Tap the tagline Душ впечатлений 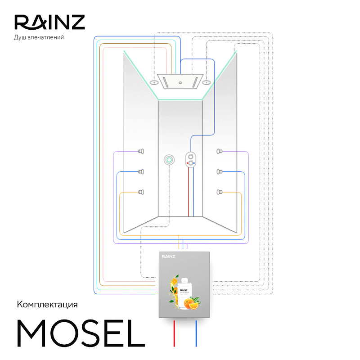pos(40,37)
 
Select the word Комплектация pos(47,305)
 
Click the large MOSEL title pos(81,334)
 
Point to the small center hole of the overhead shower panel pos(180,83)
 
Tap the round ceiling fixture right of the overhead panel pos(207,82)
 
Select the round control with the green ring pos(170,159)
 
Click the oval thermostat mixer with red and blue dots pos(191,160)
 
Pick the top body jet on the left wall pos(141,152)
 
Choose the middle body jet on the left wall pos(141,172)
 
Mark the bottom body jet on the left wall pos(141,193)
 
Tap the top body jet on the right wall pos(220,152)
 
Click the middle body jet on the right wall pos(220,172)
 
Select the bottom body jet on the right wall pos(220,193)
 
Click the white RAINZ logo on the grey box pos(169,256)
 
